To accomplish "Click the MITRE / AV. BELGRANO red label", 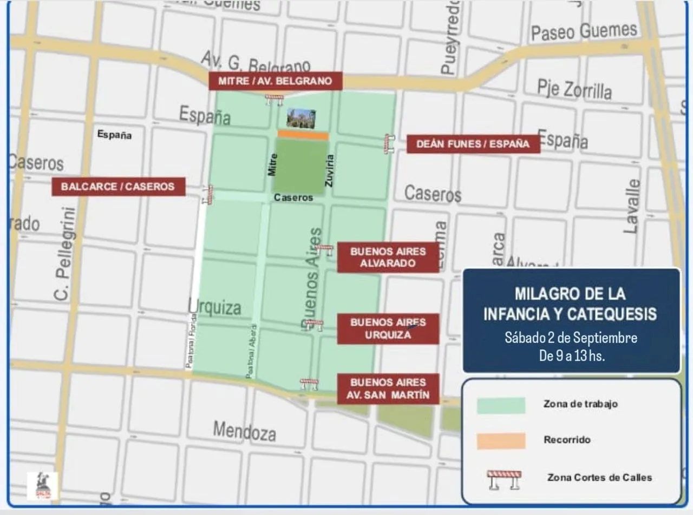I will pyautogui.click(x=276, y=81).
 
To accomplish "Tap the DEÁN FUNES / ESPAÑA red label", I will pyautogui.click(x=473, y=144).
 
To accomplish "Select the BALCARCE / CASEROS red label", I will pyautogui.click(x=118, y=187).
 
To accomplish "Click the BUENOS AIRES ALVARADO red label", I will pyautogui.click(x=388, y=257).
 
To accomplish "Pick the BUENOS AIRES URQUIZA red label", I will pyautogui.click(x=388, y=328).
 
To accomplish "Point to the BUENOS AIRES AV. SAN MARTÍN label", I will pyautogui.click(x=388, y=388).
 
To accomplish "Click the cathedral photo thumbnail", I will pyautogui.click(x=301, y=118).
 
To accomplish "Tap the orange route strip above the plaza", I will pyautogui.click(x=303, y=135).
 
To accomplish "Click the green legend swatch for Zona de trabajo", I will pyautogui.click(x=501, y=405).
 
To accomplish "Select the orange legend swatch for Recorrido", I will pyautogui.click(x=501, y=440).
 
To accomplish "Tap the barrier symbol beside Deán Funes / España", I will pyautogui.click(x=388, y=144).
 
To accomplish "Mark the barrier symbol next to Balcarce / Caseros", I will pyautogui.click(x=209, y=195).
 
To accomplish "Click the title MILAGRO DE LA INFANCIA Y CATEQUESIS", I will pyautogui.click(x=570, y=303).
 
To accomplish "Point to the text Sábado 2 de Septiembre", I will pyautogui.click(x=571, y=338).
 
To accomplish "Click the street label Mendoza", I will pyautogui.click(x=244, y=431).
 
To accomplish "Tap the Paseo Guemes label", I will pyautogui.click(x=584, y=31).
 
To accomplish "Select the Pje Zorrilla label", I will pyautogui.click(x=574, y=89).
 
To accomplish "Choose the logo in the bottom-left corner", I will pyautogui.click(x=42, y=485).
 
